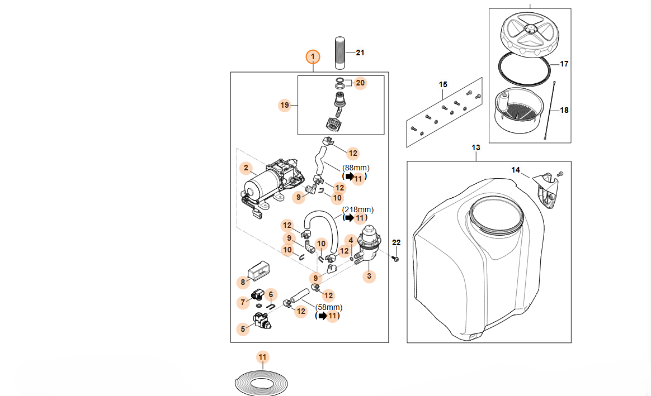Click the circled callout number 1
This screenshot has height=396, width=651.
coord(313,56)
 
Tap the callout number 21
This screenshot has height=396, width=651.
coord(360,53)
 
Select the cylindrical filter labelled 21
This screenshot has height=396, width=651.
coord(340,53)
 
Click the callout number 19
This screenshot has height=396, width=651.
coord(285,104)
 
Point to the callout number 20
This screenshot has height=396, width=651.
coord(360,83)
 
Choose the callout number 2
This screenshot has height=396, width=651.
coord(245,168)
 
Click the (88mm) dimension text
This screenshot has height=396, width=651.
coord(356,168)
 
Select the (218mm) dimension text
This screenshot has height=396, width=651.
coord(358,209)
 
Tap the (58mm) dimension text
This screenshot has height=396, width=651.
coord(329,307)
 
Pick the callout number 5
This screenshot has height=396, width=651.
coord(243,329)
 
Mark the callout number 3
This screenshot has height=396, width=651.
coord(369,276)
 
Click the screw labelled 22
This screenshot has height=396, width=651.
coord(395,259)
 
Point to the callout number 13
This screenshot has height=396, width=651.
coord(476,148)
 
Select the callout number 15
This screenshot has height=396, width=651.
coord(443,85)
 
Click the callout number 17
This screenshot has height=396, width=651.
coord(564,64)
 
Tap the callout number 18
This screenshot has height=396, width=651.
coord(564,110)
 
